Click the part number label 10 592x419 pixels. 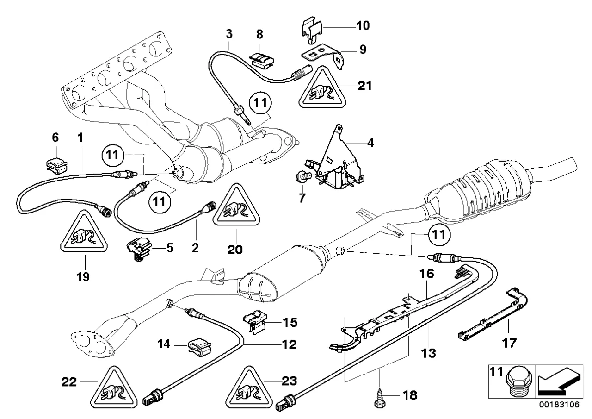tap(363, 25)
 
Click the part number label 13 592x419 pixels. tap(429, 354)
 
